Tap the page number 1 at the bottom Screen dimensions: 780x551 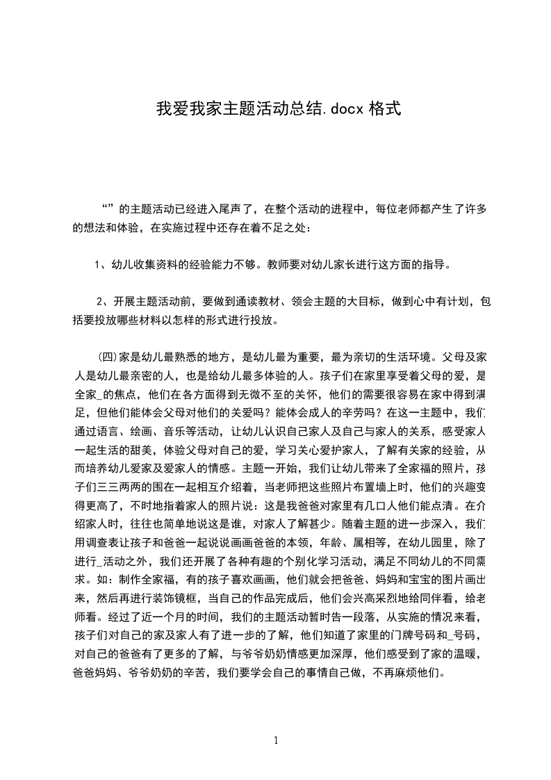point(276,740)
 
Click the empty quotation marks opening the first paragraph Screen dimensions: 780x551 point(108,207)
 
